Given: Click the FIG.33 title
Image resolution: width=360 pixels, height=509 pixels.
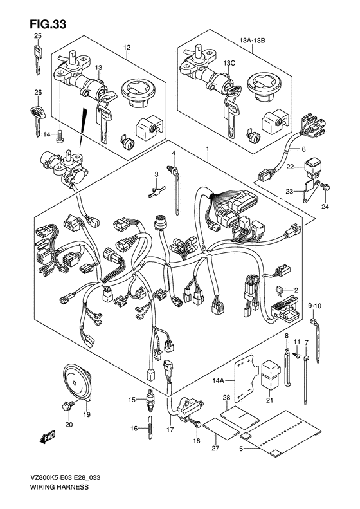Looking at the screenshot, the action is (x=48, y=24).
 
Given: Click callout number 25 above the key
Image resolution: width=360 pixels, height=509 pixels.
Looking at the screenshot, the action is (x=38, y=36).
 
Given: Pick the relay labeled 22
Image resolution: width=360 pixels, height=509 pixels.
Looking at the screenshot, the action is (x=312, y=168).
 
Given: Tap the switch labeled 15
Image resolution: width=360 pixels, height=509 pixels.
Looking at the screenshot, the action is (x=150, y=400).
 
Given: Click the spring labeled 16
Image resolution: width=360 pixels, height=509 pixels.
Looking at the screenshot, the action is (x=150, y=427).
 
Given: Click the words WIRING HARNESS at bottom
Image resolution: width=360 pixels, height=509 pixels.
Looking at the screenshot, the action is (x=59, y=486).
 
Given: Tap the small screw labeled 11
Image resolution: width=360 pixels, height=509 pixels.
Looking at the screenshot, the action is (x=297, y=355).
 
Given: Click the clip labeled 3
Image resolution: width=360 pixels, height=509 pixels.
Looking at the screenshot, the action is (x=157, y=191).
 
